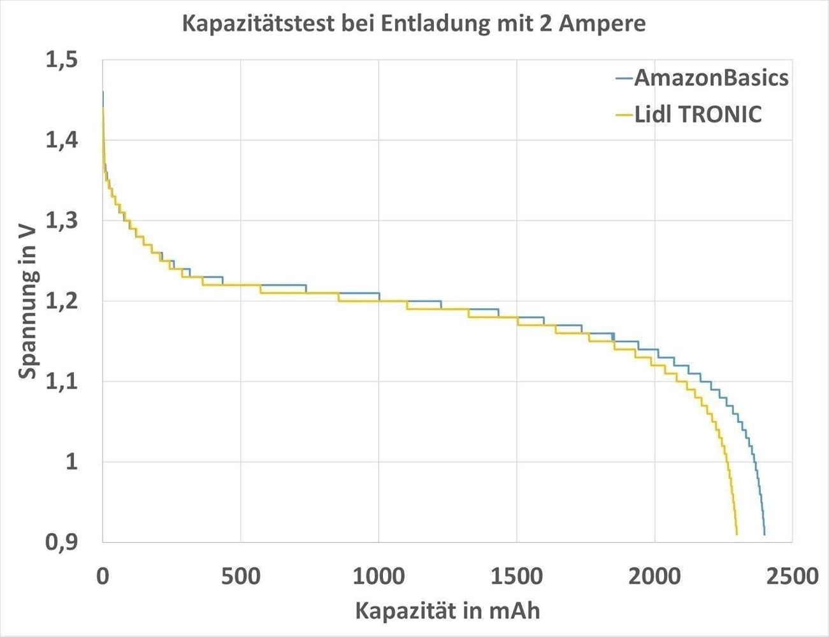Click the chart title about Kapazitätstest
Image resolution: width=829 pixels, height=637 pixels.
[x=414, y=24]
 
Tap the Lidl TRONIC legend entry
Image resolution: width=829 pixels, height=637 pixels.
[x=698, y=115]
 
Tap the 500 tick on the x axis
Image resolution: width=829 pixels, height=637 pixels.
[x=240, y=576]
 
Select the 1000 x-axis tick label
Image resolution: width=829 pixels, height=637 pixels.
[x=378, y=576]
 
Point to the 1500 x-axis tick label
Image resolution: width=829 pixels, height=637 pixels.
[x=516, y=576]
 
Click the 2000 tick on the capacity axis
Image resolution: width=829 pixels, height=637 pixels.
[x=654, y=576]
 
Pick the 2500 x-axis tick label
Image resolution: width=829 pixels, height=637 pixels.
[x=792, y=576]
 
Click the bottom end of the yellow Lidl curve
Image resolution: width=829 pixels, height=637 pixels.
[x=737, y=534]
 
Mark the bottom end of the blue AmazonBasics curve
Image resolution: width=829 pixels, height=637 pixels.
[x=764, y=534]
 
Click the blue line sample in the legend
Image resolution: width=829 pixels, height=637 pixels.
[x=624, y=78]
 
